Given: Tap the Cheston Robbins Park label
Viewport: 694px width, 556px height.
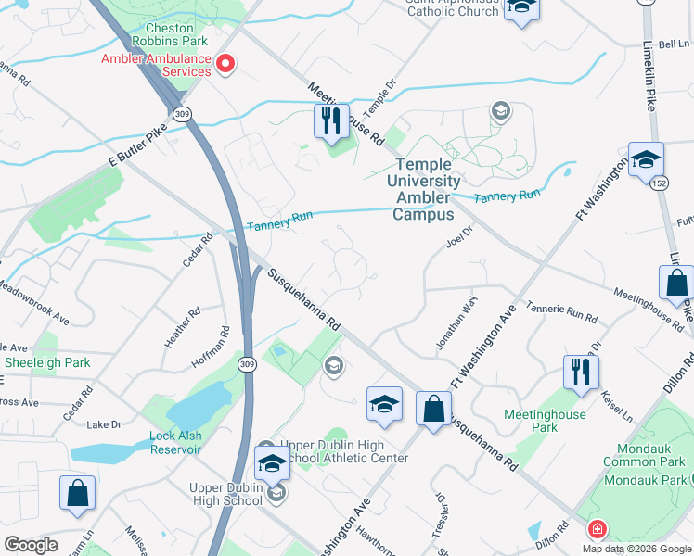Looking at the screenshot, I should click(x=155, y=33).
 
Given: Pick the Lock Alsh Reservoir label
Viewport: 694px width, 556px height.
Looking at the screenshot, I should click(x=175, y=442).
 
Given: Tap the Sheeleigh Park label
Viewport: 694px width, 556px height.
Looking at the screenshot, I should click(x=46, y=362).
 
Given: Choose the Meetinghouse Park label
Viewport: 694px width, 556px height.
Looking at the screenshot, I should click(x=545, y=422).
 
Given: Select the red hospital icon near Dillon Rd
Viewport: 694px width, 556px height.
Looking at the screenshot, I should click(x=598, y=529).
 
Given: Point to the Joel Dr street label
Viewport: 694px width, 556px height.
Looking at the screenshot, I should click(x=459, y=236).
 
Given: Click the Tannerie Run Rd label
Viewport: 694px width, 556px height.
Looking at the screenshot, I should click(x=561, y=312).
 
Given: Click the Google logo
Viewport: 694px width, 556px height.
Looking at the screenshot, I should click(x=31, y=545).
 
